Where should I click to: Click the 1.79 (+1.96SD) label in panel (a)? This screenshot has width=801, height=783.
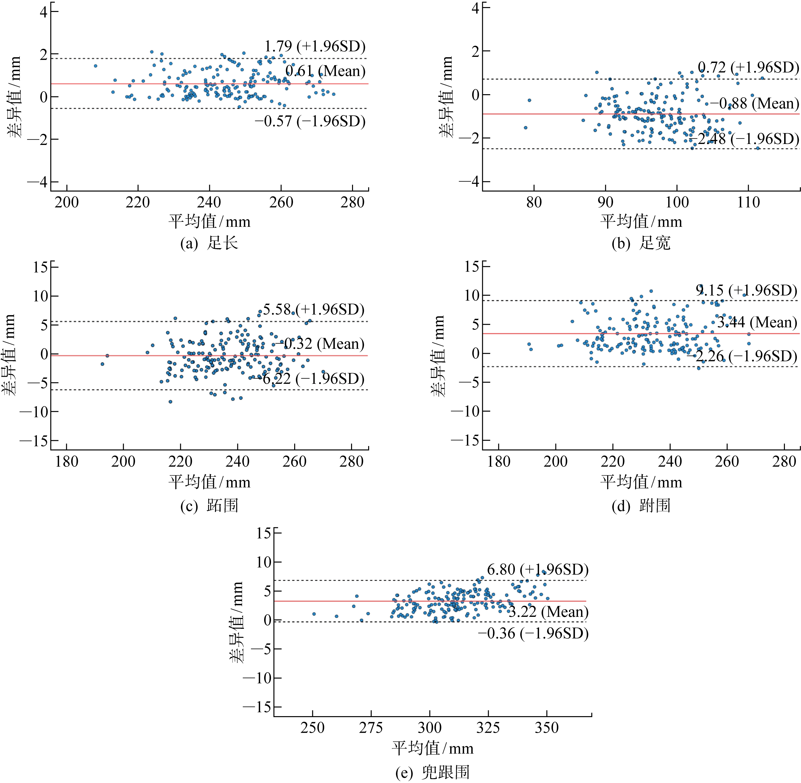[315, 46]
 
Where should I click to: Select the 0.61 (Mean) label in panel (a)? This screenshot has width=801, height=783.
[325, 71]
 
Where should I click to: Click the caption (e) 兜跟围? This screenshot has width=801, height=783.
[432, 772]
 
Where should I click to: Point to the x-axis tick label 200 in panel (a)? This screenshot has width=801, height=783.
[67, 202]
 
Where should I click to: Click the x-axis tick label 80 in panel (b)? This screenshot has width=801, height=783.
[534, 202]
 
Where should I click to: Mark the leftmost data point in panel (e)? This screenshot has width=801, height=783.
[314, 614]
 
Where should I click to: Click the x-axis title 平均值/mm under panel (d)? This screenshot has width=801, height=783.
[641, 482]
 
